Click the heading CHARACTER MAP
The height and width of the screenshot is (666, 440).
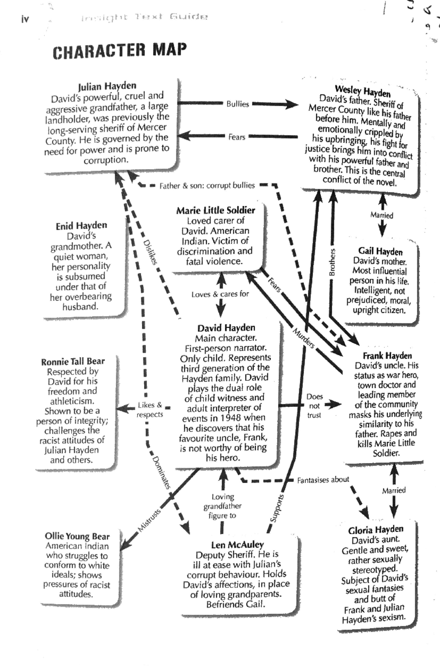[x=120, y=51]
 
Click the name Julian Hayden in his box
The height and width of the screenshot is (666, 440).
[x=107, y=86]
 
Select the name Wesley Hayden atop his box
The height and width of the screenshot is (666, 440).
[x=362, y=90]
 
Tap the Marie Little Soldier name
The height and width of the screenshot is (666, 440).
[x=216, y=210]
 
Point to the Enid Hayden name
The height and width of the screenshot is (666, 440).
[x=81, y=226]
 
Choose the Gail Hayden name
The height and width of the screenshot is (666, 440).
[x=380, y=251]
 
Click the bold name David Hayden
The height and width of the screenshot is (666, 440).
[x=226, y=328]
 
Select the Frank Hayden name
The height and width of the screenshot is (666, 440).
[x=387, y=356]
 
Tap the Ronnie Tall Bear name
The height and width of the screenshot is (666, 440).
[x=73, y=362]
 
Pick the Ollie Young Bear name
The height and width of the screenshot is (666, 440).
[x=77, y=536]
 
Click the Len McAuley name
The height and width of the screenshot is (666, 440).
[x=237, y=545]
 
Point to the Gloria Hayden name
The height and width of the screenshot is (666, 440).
[x=376, y=529]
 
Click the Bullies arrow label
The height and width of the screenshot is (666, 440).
[x=238, y=104]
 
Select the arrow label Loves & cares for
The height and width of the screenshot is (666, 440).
[x=220, y=294]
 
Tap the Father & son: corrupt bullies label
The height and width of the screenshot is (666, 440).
[x=207, y=186]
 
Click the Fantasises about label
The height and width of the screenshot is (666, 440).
[x=323, y=480]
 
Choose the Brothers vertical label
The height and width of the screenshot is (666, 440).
[x=332, y=262]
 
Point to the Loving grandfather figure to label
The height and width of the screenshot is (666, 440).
[x=223, y=506]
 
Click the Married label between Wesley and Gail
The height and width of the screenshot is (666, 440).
[x=382, y=215]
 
